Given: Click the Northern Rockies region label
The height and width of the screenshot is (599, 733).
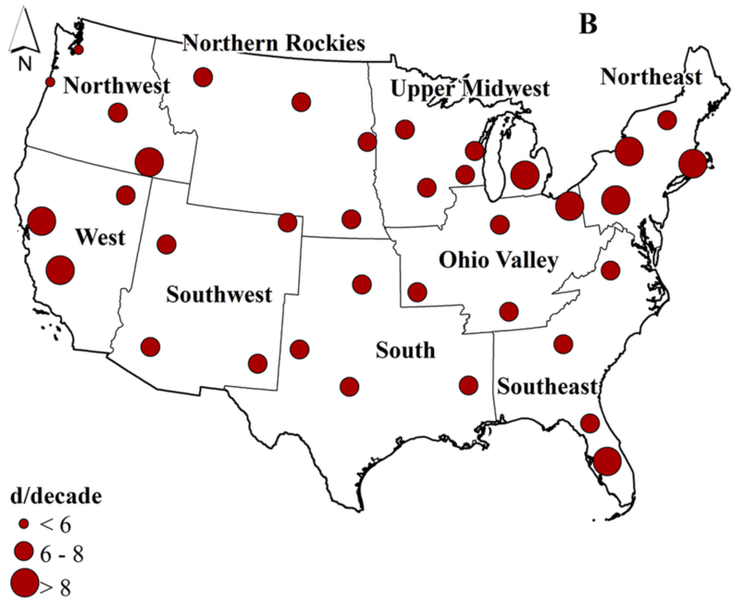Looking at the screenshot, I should [274, 44].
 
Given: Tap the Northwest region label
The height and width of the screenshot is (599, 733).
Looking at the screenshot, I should [117, 87].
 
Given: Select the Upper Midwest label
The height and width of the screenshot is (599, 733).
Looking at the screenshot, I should [469, 90].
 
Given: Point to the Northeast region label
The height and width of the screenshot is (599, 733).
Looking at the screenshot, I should [651, 78].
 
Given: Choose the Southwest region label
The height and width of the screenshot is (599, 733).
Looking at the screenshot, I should [219, 295].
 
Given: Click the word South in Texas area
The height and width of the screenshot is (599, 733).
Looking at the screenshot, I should [405, 350].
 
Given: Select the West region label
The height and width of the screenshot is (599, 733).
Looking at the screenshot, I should [100, 237].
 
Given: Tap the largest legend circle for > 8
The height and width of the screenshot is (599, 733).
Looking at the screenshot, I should [26, 583].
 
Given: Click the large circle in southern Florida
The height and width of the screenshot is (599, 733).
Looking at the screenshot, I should [607, 460].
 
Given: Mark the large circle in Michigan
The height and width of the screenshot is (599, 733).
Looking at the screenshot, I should [526, 174].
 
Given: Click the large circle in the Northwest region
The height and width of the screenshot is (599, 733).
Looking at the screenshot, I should [149, 162].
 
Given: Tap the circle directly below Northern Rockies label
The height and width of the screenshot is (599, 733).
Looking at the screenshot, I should [203, 77].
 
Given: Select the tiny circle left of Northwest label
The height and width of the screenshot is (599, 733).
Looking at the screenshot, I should [50, 82].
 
